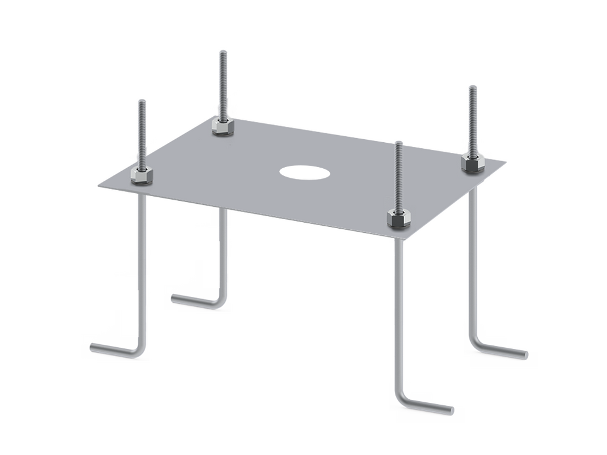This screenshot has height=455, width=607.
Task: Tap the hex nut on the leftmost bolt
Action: (x=142, y=176)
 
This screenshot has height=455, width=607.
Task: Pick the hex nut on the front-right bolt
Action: (x=396, y=217)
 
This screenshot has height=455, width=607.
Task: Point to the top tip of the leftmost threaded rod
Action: (x=141, y=101)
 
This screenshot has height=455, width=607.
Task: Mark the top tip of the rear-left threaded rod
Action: (x=222, y=52)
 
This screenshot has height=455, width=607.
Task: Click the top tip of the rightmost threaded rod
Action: (x=472, y=86)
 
